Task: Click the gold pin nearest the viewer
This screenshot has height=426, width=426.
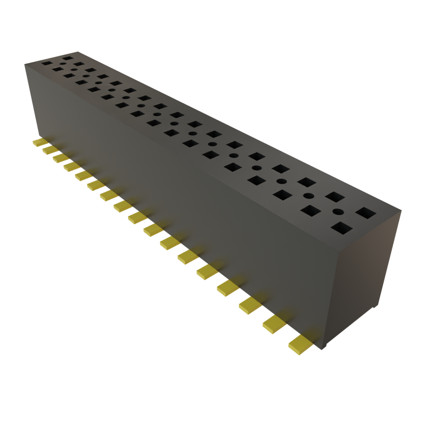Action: point(300,345)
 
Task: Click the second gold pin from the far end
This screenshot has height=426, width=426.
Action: point(50,149)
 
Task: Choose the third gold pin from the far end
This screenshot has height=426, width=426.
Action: point(60,158)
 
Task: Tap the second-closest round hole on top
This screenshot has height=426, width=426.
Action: point(308,196)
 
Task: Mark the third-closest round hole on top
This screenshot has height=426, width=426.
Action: point(282,181)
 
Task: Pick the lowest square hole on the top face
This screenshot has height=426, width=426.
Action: point(342,228)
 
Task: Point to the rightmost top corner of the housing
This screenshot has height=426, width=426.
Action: point(401,211)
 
